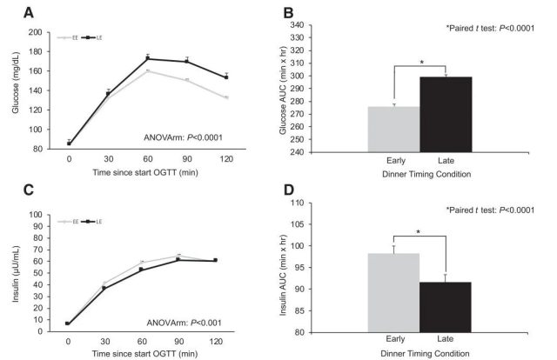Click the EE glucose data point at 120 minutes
pos(227,98)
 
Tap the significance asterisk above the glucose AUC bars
pos(420,63)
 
